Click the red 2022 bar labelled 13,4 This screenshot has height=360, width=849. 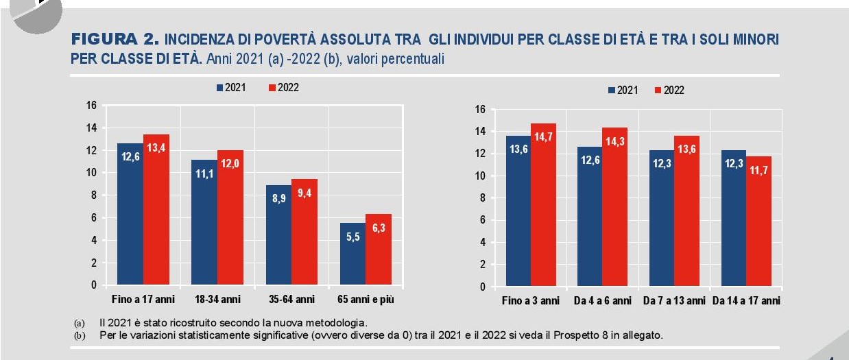(x=156, y=209)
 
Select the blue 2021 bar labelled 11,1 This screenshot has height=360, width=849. (x=204, y=222)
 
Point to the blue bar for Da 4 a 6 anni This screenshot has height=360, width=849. (x=590, y=216)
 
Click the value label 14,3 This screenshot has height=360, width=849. (x=615, y=142)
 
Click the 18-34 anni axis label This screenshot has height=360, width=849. (x=217, y=300)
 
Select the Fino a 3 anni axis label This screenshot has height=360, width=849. (x=531, y=301)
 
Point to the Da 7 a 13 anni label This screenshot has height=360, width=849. (x=674, y=301)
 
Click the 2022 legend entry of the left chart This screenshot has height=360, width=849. (x=283, y=88)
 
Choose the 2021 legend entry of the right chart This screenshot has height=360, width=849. (x=621, y=91)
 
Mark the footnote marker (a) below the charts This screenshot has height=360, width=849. (x=78, y=323)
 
